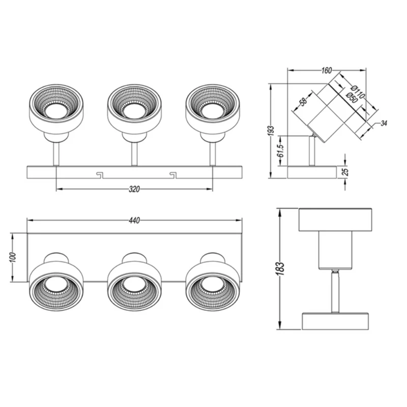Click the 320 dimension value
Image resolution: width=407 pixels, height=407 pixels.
134,189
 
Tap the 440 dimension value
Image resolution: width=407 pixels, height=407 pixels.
134,220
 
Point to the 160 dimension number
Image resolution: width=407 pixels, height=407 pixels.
327,70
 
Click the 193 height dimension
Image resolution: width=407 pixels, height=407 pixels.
271,131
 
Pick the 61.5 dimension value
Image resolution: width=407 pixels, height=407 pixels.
280,151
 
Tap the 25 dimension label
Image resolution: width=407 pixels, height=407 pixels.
345,172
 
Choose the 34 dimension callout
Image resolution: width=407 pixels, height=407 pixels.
384,123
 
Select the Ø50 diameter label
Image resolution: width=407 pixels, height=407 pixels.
352,98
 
